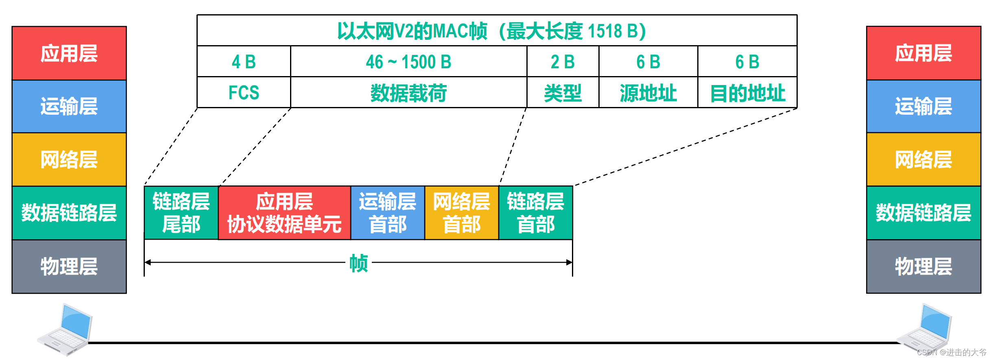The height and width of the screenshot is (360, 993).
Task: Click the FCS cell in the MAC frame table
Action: click(244, 92)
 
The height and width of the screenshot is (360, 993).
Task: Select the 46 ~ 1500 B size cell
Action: click(408, 62)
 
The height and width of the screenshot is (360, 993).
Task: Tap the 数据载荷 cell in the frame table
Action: click(408, 93)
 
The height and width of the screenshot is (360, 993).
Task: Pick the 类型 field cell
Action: click(563, 93)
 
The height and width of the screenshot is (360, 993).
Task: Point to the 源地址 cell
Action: click(648, 93)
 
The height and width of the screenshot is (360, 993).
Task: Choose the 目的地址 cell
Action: click(747, 93)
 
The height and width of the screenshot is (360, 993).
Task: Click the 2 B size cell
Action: click(563, 62)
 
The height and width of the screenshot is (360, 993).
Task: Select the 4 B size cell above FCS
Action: click(244, 62)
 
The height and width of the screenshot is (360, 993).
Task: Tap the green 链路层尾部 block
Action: click(181, 213)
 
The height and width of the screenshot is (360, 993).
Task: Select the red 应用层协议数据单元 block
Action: click(284, 213)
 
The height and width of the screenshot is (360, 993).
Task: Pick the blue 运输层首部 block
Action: click(388, 213)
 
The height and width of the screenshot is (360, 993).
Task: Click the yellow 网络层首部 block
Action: click(462, 213)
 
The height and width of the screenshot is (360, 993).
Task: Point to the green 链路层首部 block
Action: click(536, 213)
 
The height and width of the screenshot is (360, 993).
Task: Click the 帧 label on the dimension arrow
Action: click(358, 263)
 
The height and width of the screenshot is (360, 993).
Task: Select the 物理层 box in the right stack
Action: click(923, 266)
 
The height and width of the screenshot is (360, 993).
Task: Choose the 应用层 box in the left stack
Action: click(69, 53)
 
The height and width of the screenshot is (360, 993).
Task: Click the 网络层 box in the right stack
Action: click(923, 159)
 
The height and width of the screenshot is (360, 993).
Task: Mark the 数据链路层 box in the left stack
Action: click(69, 213)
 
